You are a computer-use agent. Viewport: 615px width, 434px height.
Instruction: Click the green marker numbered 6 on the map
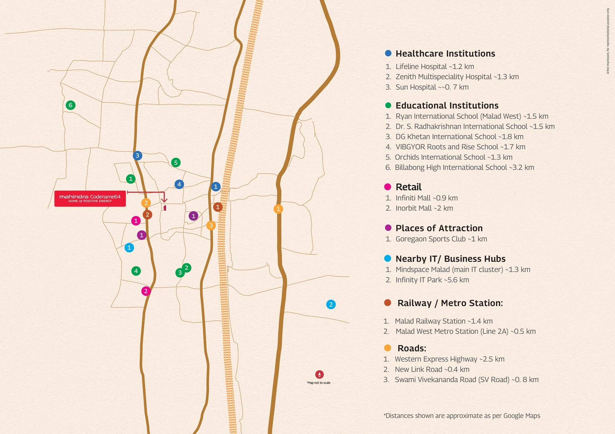click(70, 105)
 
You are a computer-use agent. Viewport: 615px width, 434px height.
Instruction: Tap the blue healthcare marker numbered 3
click(137, 156)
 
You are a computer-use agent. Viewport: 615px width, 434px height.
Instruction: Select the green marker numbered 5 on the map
click(176, 163)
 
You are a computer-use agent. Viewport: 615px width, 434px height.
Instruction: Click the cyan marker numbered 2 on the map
click(331, 305)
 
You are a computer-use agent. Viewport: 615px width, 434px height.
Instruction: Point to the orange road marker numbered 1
click(278, 209)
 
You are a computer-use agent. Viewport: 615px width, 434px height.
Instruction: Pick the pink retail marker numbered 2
click(146, 291)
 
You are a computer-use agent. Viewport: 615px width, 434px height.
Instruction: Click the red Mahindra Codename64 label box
click(90, 199)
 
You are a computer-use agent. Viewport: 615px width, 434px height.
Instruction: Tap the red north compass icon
click(319, 374)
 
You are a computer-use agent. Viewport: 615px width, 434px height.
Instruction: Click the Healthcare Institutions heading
click(445, 53)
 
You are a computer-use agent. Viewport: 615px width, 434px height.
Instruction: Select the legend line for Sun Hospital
click(432, 87)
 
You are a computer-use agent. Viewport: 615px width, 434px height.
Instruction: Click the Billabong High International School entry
click(464, 168)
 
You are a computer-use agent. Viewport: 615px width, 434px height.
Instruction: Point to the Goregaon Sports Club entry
click(441, 239)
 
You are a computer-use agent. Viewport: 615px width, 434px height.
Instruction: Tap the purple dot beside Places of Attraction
click(388, 228)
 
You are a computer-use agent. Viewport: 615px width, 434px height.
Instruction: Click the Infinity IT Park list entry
click(432, 280)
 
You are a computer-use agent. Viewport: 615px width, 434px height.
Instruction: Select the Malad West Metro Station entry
click(465, 331)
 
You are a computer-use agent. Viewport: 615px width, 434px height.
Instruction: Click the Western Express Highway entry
click(449, 359)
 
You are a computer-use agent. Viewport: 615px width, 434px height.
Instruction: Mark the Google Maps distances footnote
click(462, 416)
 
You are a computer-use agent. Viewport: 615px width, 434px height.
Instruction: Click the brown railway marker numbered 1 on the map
click(218, 207)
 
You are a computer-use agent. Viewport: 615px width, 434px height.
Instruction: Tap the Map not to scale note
click(319, 383)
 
